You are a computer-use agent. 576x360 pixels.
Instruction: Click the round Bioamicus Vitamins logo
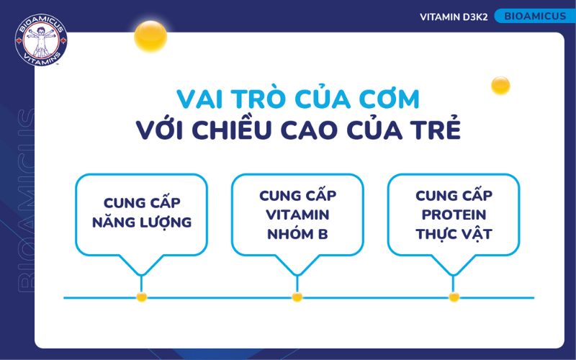coord(40,40)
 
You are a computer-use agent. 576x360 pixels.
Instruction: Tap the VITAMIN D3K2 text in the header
coord(454,17)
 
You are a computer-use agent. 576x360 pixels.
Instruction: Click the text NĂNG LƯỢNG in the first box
coord(142,222)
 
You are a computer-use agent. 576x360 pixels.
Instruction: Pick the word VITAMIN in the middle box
coord(297,215)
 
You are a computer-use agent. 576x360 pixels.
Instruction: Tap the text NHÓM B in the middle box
coord(297,234)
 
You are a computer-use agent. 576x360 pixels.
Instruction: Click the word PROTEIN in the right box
coord(454,215)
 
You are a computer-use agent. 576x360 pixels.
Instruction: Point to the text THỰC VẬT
coord(454,234)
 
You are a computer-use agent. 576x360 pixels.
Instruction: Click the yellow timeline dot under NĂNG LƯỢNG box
coord(142,297)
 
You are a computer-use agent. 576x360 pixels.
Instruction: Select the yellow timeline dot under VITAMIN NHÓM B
coord(297,297)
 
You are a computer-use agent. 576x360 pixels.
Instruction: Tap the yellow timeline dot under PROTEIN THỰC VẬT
coord(454,297)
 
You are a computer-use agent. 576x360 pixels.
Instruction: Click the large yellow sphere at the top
coord(150,35)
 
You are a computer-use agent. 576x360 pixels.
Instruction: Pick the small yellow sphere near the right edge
coord(500,86)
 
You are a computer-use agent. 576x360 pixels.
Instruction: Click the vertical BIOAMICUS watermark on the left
coord(22,202)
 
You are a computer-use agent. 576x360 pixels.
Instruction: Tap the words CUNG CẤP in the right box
coord(454,195)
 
